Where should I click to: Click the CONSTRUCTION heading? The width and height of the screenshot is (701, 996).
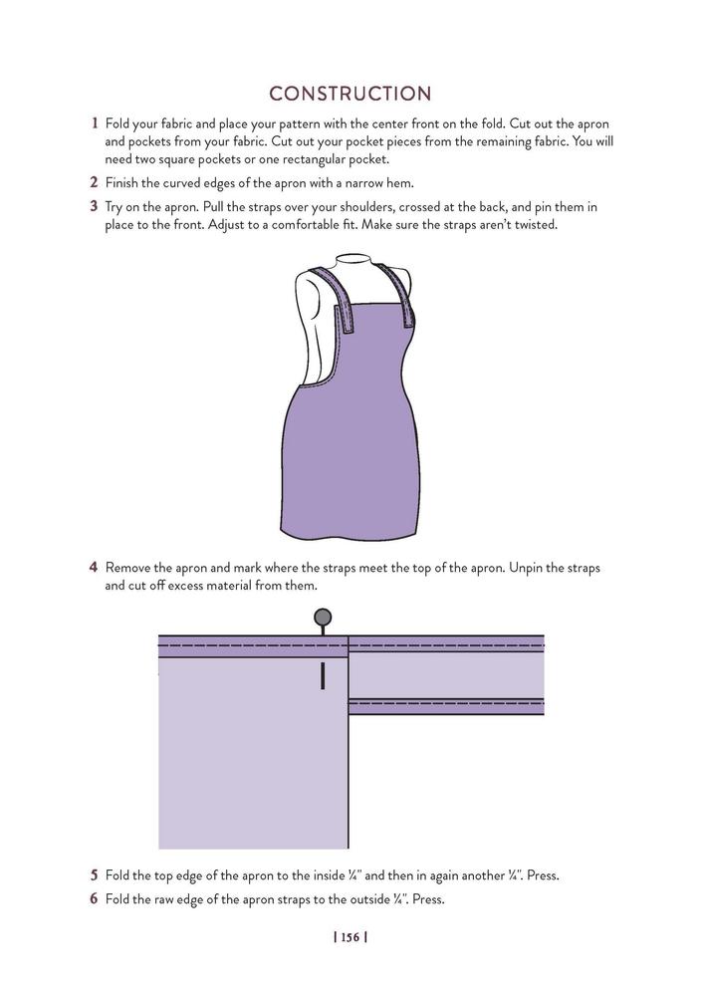tap(350, 94)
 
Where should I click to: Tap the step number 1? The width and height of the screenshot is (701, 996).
tap(95, 124)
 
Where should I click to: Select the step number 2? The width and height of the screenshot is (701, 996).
tap(95, 182)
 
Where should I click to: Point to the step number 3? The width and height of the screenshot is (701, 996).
tap(95, 207)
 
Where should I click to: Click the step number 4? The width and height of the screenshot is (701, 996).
tap(94, 568)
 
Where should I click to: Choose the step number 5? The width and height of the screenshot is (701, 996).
tap(94, 876)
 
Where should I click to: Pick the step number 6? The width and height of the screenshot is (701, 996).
tap(94, 899)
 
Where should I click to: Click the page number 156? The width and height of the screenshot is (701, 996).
tap(350, 937)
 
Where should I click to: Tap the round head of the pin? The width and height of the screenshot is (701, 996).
tap(323, 618)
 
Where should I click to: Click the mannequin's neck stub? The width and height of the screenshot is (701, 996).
tap(350, 267)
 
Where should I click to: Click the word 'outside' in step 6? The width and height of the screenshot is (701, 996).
tap(366, 899)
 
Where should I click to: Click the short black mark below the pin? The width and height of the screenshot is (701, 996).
tap(323, 676)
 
